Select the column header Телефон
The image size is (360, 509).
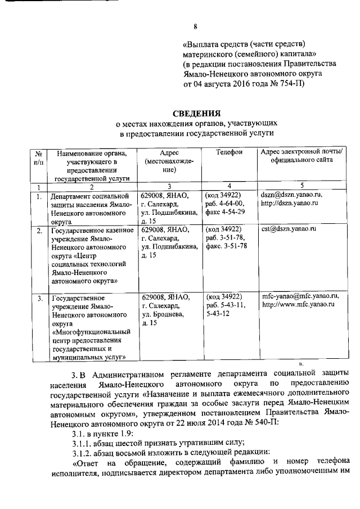[229, 152]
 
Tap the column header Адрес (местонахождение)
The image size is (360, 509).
[169, 161]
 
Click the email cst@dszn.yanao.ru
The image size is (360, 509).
[289, 229]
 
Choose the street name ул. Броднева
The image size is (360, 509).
[164, 313]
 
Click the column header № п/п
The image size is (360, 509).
[38, 157]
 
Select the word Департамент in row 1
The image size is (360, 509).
[74, 196]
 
